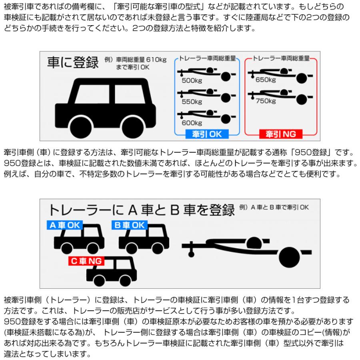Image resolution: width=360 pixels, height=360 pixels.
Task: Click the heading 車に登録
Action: click(x=73, y=63)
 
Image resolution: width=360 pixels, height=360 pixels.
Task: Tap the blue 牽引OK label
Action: click(x=207, y=134)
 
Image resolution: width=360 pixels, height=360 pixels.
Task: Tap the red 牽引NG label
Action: click(x=280, y=134)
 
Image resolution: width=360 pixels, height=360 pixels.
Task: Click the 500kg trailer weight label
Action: click(x=191, y=80)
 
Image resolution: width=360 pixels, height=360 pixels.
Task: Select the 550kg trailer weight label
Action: click(x=191, y=102)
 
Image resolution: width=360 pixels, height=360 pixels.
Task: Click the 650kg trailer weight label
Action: click(x=265, y=80)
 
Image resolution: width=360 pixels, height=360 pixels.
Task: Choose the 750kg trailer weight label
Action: click(x=265, y=101)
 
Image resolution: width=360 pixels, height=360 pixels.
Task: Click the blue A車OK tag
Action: click(x=64, y=225)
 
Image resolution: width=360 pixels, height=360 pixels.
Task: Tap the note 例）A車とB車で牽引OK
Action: click(x=274, y=207)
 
